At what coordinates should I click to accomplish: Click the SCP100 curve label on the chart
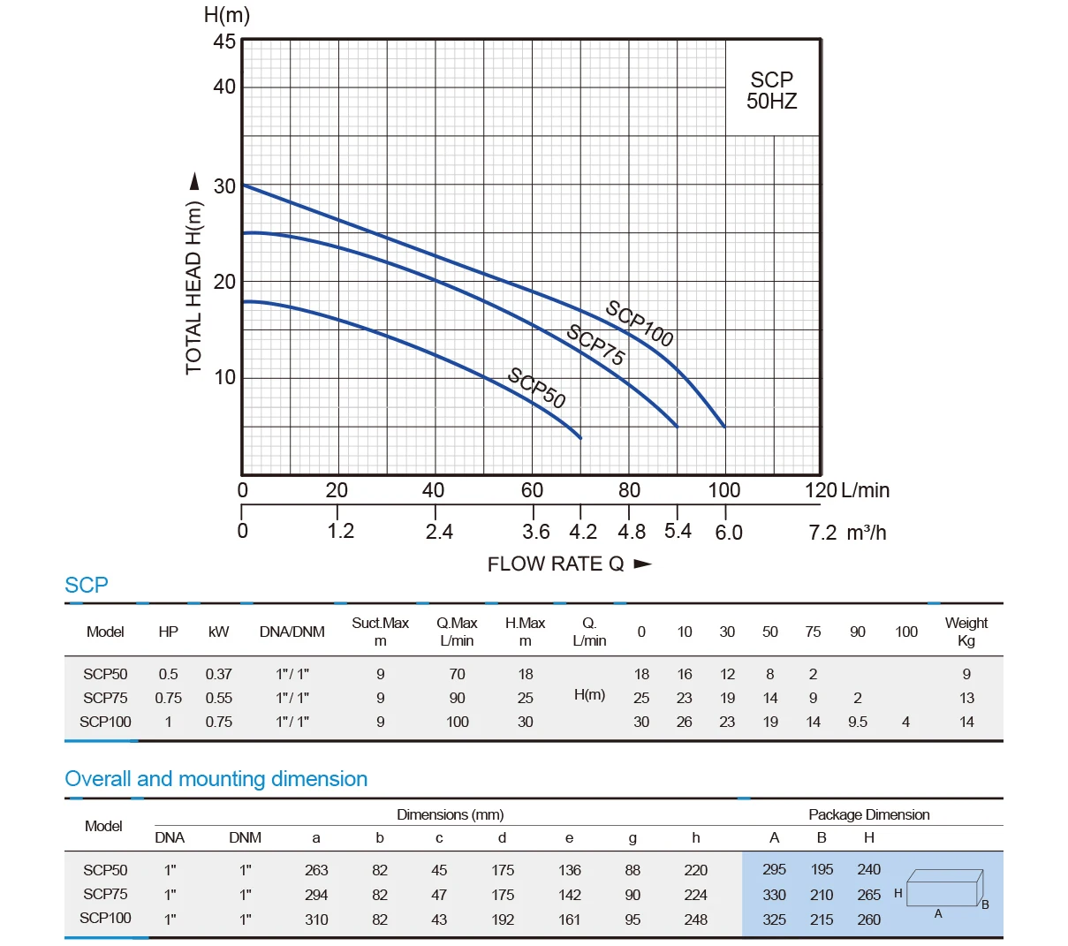[x=640, y=324]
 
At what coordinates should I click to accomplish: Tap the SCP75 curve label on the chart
[x=596, y=345]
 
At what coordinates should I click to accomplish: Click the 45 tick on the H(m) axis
[x=224, y=42]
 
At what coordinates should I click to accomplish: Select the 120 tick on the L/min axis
[x=821, y=491]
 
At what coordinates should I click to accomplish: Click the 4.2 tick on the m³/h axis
[x=582, y=533]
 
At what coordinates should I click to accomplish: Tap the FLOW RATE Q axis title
[x=556, y=564]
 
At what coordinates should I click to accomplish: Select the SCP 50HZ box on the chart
[x=771, y=90]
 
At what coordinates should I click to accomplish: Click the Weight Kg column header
[x=966, y=632]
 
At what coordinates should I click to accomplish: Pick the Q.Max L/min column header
[x=457, y=632]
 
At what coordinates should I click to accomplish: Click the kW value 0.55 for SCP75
[x=218, y=698]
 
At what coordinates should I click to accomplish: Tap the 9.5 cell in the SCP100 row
[x=857, y=722]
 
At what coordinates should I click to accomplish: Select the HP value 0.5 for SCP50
[x=168, y=674]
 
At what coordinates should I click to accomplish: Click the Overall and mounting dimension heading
[x=216, y=779]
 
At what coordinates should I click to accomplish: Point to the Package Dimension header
[x=868, y=814]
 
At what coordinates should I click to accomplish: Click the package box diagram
[x=943, y=889]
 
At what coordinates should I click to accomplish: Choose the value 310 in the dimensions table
[x=316, y=920]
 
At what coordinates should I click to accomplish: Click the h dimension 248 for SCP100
[x=695, y=920]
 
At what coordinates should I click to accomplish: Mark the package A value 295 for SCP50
[x=774, y=869]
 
